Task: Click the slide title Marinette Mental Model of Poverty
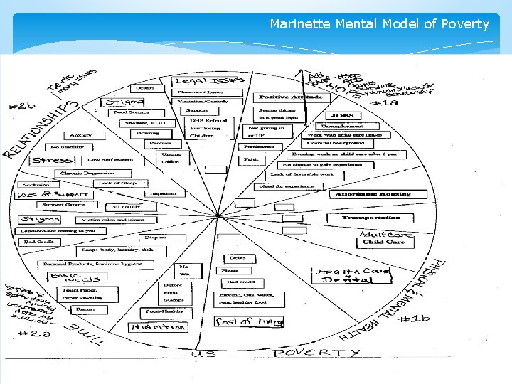[379, 24]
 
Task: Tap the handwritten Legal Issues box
[210, 81]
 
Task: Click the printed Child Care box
[384, 242]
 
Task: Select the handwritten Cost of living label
[249, 321]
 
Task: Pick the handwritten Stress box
[51, 160]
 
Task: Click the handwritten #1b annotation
[412, 319]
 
